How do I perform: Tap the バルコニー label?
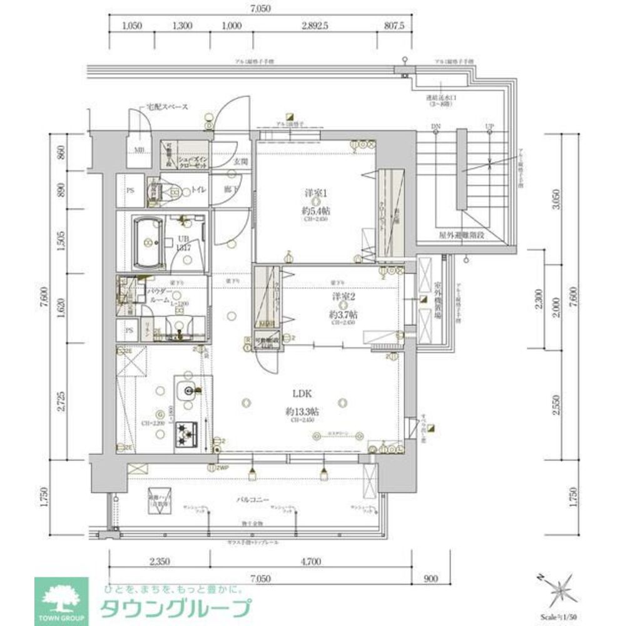tap(253, 500)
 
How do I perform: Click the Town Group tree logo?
tap(61, 598)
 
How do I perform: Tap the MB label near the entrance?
tap(140, 150)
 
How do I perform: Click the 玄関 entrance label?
tap(240, 161)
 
